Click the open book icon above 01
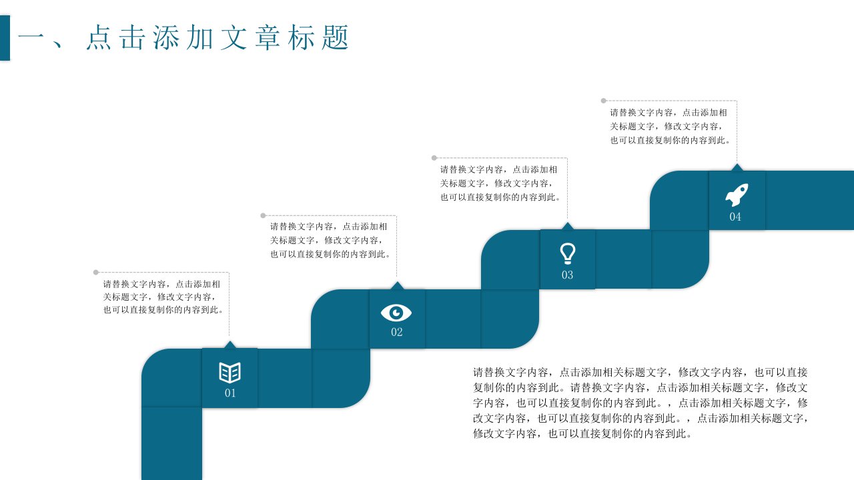pos(230,373)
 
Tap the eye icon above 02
pos(396,313)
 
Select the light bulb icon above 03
pos(567,253)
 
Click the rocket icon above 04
pos(737,195)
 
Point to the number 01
pos(230,393)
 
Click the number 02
pos(396,332)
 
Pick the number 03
pos(567,275)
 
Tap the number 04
pos(735,217)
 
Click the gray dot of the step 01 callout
pos(96,273)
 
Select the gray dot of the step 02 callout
pos(263,215)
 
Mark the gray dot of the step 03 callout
pos(434,158)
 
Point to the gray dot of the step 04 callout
pos(604,101)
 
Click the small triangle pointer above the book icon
pos(230,345)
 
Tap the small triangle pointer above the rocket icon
pos(737,167)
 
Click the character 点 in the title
pos(99,37)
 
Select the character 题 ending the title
pos(335,37)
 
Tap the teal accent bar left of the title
pos(5,38)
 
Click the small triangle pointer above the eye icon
pos(397,286)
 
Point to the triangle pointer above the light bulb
pos(568,226)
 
